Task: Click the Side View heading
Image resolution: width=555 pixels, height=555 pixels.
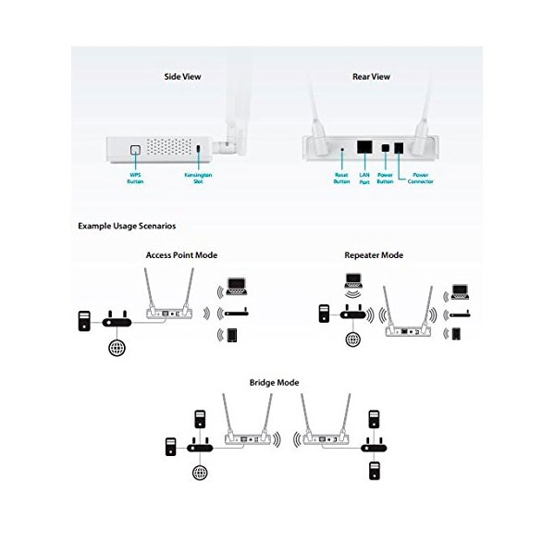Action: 182,77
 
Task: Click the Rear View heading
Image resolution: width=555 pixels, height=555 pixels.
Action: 371,77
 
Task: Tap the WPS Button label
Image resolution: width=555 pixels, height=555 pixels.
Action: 135,178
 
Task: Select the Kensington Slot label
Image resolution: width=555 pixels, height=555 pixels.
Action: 198,178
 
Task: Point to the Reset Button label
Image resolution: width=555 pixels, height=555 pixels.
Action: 341,178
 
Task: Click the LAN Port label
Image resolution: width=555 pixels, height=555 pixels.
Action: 364,178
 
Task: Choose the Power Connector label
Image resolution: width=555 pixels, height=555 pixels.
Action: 420,178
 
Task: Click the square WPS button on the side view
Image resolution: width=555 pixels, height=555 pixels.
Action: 135,150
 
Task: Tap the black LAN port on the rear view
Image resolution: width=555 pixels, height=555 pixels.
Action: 364,146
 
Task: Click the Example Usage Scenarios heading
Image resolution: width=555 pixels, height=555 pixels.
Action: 127,226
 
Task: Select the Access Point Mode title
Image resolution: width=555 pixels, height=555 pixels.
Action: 181,255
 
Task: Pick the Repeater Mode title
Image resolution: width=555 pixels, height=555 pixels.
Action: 374,255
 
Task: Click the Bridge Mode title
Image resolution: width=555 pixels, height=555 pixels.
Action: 275,383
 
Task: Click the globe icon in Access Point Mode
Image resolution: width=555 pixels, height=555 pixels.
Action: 117,348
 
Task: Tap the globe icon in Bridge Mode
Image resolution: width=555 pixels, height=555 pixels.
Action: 200,472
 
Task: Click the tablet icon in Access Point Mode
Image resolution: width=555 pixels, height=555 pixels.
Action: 232,335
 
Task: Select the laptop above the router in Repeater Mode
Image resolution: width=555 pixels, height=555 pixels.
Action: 353,280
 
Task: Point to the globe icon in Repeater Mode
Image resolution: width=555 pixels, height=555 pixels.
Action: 353,339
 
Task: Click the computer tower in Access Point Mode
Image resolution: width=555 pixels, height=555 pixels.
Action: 84,321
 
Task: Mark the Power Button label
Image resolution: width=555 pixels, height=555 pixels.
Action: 385,178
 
